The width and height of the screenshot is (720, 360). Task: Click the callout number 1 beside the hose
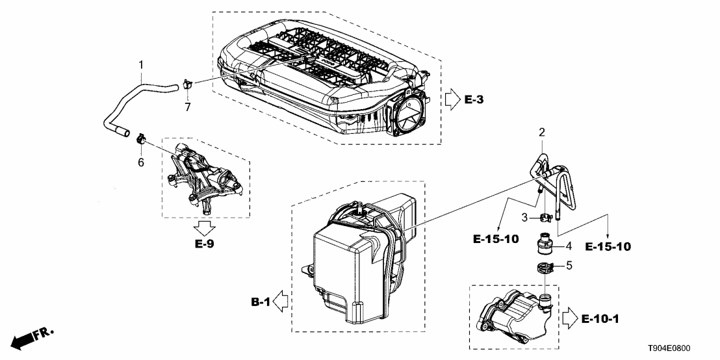pos(140,65)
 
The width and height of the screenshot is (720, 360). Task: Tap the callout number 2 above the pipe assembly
pos(540,132)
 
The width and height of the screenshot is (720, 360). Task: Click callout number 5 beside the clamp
pos(569,265)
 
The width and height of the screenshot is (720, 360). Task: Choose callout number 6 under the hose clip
pos(140,162)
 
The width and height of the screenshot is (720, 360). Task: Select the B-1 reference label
pos(261,302)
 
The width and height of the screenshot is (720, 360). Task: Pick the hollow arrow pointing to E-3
pos(452,100)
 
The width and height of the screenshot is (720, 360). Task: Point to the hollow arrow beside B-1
pos(282,302)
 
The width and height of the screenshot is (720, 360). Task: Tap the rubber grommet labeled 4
pos(543,247)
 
